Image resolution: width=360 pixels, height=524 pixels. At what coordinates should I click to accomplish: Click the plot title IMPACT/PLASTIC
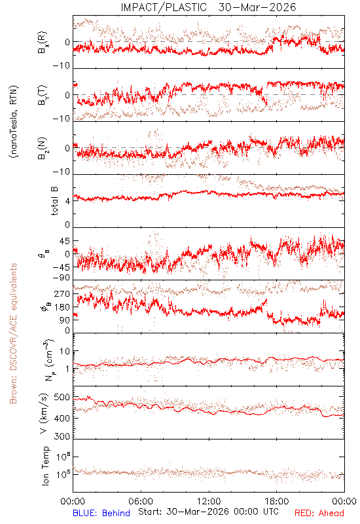164,7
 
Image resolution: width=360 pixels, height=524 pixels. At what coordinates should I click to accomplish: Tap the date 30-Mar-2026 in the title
257,7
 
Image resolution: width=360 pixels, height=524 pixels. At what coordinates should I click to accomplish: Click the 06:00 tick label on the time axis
141,501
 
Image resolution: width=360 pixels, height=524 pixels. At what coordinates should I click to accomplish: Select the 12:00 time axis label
209,501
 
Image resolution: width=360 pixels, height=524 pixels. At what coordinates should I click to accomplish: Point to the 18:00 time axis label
277,501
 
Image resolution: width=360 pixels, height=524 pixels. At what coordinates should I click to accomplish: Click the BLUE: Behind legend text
101,513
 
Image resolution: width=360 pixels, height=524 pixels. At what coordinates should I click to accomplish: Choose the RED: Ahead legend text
319,513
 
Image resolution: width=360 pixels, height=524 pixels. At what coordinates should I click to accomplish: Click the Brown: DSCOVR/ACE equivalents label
13,333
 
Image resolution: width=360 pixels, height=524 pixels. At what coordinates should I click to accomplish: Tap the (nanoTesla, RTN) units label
14,122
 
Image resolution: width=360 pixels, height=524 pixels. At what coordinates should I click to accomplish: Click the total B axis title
54,200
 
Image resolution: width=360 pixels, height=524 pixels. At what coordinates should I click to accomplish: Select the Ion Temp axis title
45,466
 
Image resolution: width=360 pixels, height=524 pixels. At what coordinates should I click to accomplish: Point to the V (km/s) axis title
44,413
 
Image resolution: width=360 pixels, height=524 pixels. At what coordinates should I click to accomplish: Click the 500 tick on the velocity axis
62,398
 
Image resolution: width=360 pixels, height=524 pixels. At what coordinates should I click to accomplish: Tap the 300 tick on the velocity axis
62,436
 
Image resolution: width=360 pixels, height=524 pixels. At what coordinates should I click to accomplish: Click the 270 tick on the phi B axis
62,293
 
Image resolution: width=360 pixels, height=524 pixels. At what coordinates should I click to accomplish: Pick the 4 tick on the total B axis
68,201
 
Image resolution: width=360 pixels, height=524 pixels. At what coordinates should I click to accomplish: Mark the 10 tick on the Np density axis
65,351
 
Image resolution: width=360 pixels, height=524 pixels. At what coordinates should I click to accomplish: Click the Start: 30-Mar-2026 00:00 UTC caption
209,512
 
